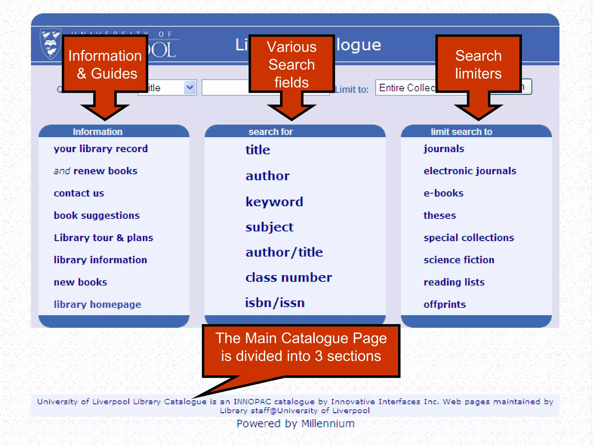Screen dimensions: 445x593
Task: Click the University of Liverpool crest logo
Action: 51,43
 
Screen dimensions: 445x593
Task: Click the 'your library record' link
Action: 100,149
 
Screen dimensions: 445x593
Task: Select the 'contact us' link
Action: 79,193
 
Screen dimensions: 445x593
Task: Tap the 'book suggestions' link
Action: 96,216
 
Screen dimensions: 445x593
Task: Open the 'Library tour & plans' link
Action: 103,238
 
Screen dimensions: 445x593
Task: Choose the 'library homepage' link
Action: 97,304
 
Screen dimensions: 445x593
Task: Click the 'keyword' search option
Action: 274,202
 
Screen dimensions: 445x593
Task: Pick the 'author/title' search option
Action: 284,252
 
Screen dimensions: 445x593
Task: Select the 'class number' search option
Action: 289,278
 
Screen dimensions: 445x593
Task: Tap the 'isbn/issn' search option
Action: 275,303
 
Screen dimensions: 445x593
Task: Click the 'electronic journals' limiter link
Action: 470,171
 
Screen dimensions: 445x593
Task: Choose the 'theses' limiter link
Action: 440,216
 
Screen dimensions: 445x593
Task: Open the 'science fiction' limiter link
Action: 459,260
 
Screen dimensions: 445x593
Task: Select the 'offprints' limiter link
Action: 444,304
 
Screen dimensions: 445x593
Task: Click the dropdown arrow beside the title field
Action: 190,87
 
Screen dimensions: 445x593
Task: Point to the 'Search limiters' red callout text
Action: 478,64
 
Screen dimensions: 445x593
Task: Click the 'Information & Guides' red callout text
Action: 105,64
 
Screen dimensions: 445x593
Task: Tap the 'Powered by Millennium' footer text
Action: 295,424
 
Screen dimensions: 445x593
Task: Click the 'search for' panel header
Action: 271,132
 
